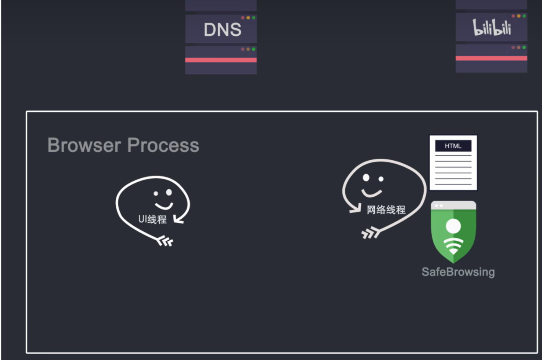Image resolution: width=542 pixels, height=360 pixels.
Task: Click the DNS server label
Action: (x=223, y=29)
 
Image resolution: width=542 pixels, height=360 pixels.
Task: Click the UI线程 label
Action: (x=153, y=219)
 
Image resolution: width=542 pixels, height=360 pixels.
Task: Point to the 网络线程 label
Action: (x=386, y=210)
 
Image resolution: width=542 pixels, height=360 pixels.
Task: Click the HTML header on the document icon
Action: (x=453, y=146)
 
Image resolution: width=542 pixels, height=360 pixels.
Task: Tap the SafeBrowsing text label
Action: (x=458, y=272)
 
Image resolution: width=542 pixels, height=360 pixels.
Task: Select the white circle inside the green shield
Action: (x=453, y=226)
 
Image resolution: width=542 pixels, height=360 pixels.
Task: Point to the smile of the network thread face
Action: (x=371, y=193)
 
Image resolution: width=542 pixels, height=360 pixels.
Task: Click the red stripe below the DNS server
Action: (x=221, y=60)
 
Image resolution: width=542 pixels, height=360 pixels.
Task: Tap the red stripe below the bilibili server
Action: (x=491, y=58)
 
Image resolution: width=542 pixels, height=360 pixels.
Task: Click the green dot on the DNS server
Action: (x=254, y=18)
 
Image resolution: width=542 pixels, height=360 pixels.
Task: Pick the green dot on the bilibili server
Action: (x=524, y=16)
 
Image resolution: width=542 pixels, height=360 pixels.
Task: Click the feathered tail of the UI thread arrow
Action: (x=166, y=241)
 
